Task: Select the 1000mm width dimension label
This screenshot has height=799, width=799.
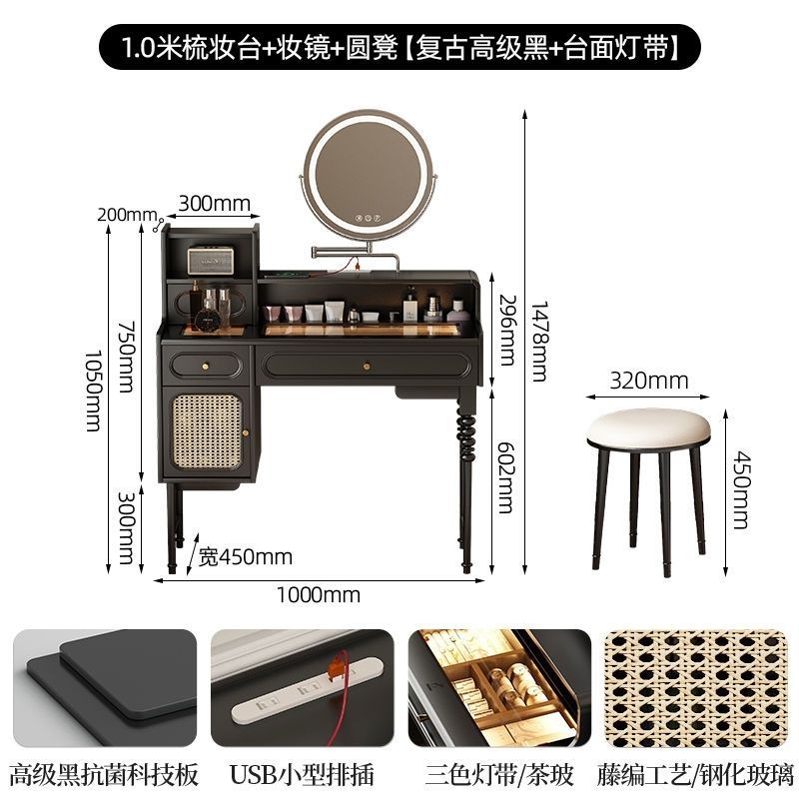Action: point(321,595)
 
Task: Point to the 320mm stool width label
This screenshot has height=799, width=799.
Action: point(649,381)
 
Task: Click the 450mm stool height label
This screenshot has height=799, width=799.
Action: point(739,486)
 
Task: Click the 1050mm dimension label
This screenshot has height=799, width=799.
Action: point(92,390)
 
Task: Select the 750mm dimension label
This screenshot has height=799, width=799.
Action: point(126,356)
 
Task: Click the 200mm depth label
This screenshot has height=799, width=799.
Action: point(128,214)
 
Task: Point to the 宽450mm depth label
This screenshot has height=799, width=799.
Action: point(245,555)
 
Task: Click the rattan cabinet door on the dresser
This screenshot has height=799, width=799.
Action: point(207,431)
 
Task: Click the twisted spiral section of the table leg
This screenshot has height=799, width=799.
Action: point(467,431)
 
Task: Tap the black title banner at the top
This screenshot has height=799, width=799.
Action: point(399,45)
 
